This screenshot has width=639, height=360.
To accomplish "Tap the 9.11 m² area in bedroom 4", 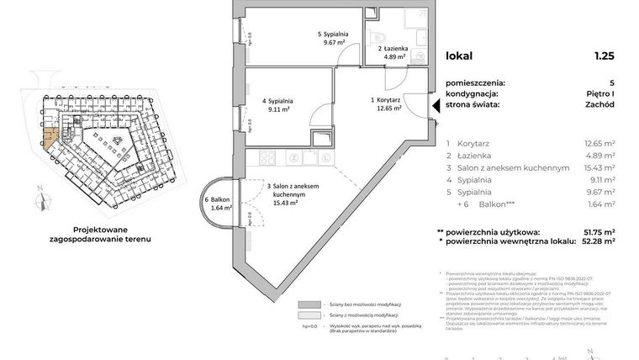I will (x=277, y=108).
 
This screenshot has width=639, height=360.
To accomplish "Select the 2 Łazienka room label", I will (x=393, y=50).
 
